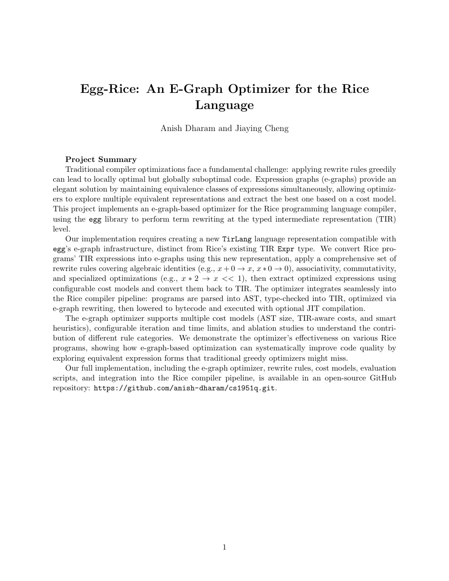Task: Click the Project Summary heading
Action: point(101,159)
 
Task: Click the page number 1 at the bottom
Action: point(224,547)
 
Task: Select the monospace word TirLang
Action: point(237,239)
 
